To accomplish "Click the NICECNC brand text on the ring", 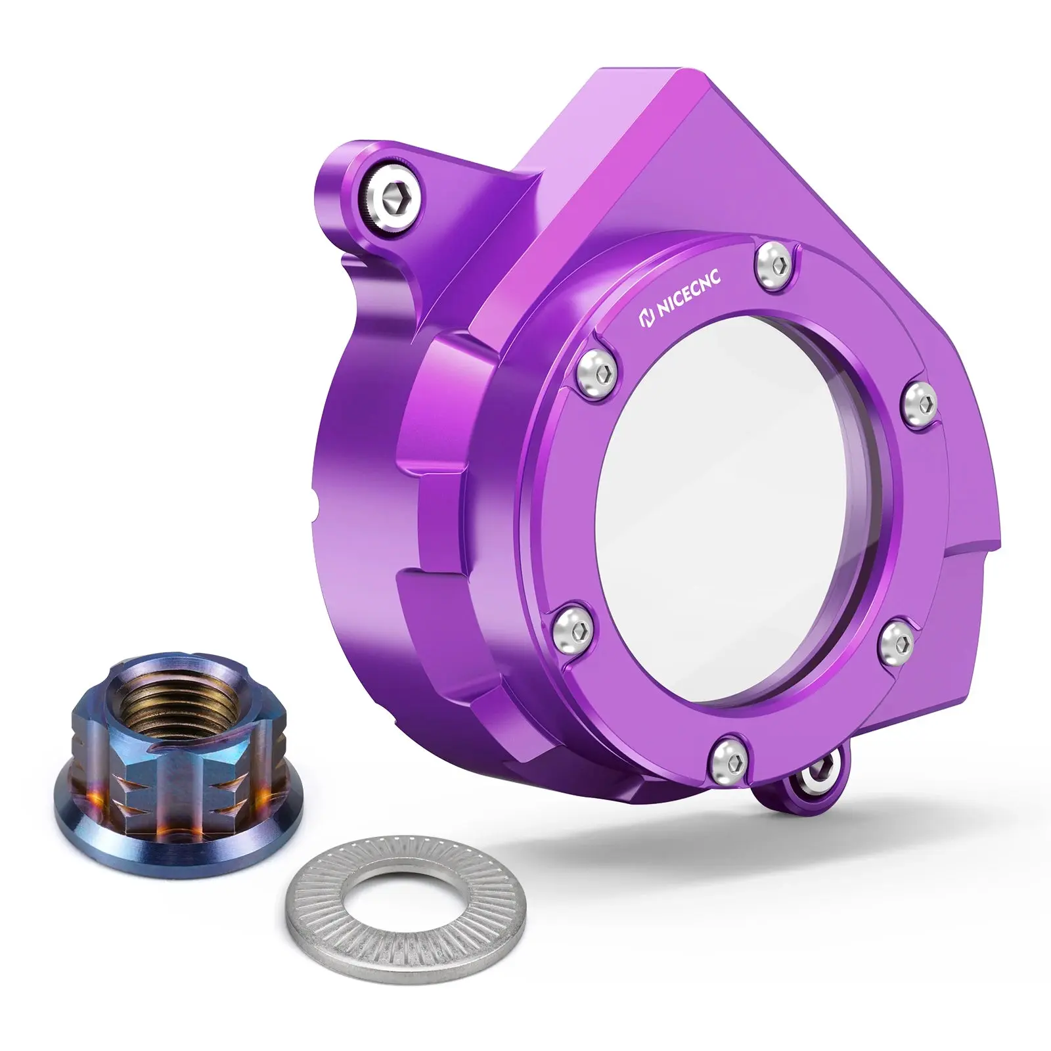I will (686, 292).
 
